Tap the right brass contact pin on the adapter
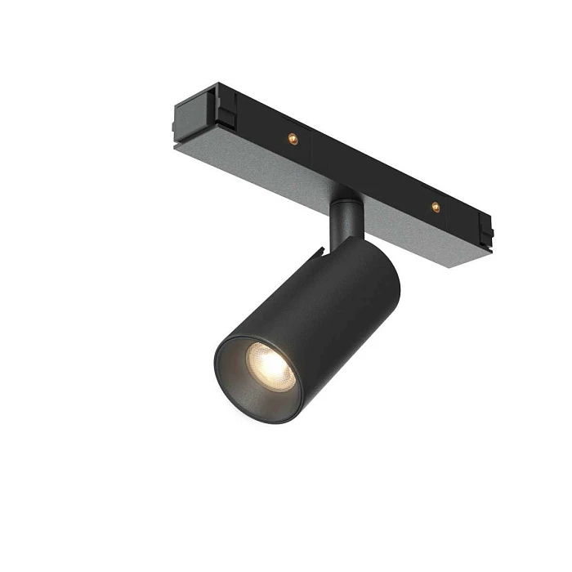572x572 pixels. pos(436,208)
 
